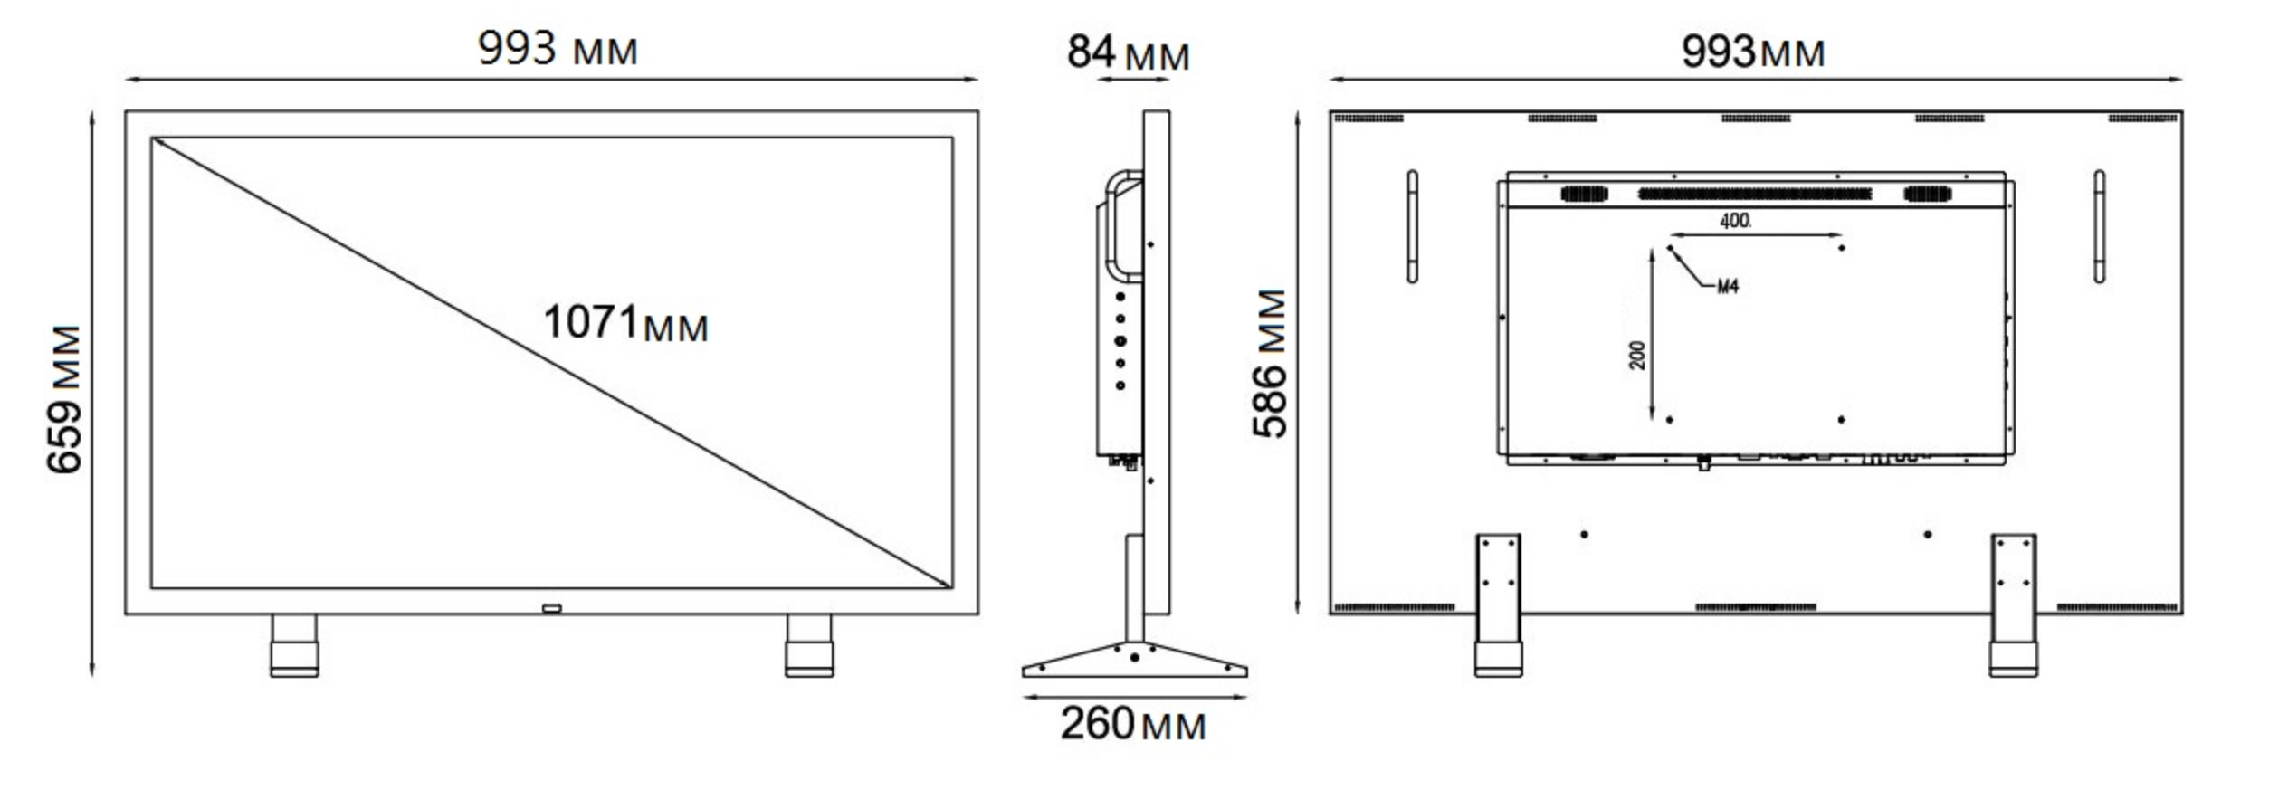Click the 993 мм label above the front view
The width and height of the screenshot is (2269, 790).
558,48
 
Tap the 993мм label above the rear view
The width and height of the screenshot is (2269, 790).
1753,51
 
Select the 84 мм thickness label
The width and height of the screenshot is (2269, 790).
1128,52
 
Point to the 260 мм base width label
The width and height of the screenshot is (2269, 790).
1133,724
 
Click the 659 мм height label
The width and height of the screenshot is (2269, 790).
64,399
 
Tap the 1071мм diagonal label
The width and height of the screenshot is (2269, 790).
625,323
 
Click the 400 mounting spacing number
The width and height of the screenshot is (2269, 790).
1735,221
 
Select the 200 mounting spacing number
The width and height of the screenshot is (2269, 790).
1637,355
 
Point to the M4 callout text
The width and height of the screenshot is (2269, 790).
1728,287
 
